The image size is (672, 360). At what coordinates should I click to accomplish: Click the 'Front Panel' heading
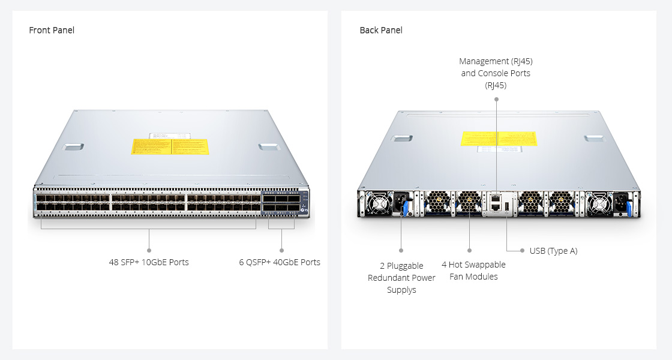click(52, 30)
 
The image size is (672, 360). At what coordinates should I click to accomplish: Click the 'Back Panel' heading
click(381, 30)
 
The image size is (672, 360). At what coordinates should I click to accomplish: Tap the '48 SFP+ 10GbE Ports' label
click(149, 262)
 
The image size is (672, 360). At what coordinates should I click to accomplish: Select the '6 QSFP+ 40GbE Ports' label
click(280, 262)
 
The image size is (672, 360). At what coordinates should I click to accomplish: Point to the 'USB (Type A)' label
click(553, 251)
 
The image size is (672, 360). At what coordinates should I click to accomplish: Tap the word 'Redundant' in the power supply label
click(394, 278)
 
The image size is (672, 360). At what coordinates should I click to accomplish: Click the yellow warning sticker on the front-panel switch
click(170, 146)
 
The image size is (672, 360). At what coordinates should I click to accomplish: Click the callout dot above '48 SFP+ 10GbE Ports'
click(149, 250)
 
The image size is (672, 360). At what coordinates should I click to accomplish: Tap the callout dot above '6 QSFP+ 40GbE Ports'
click(281, 250)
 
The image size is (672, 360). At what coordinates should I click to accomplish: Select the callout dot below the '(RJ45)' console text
click(496, 99)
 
